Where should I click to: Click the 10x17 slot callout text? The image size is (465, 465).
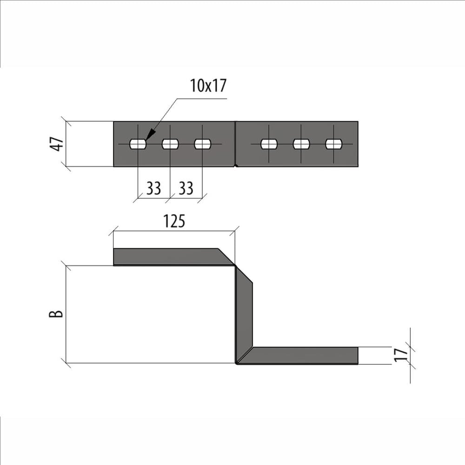[208, 86]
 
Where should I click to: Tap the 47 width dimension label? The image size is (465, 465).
[56, 144]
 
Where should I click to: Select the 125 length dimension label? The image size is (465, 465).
[174, 221]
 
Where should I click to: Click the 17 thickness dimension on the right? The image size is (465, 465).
[401, 355]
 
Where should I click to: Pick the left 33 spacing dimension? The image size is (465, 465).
[153, 188]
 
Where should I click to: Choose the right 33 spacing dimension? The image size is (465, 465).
[186, 188]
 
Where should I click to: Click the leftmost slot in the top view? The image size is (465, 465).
[138, 144]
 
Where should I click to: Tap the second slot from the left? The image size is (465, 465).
[170, 144]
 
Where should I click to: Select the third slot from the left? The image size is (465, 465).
[203, 144]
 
